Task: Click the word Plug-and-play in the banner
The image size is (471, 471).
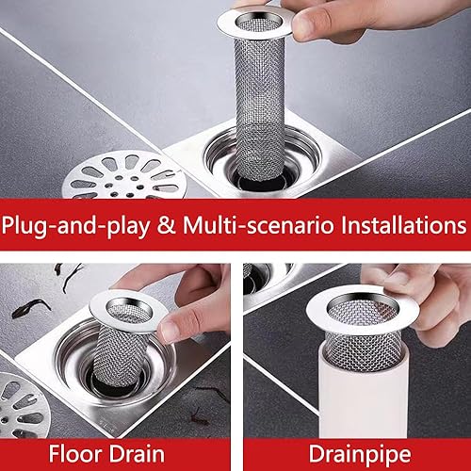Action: [75, 225]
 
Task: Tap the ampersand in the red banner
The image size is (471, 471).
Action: [166, 225]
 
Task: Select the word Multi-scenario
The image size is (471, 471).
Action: [257, 225]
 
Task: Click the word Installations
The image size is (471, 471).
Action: [404, 225]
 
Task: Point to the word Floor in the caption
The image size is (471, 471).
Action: [74, 454]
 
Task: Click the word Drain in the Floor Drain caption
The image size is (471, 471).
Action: [137, 454]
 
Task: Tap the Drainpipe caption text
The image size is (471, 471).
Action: [360, 455]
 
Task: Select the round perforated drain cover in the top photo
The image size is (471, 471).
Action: [124, 175]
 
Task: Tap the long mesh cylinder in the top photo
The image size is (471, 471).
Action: [260, 106]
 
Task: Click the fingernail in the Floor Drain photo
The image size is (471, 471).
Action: [170, 331]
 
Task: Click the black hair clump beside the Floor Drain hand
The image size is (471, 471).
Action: [31, 308]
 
